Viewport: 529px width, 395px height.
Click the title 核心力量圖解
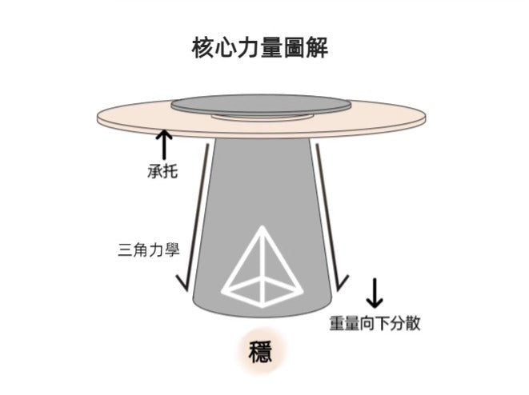tap(260, 49)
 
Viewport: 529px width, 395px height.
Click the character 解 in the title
tap(317, 49)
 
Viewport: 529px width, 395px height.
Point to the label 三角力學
tap(148, 250)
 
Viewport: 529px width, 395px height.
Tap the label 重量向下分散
tap(375, 323)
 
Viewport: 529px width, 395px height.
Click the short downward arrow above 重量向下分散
tap(374, 293)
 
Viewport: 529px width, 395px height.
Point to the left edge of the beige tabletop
tap(99, 120)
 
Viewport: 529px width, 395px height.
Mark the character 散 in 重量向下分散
tap(411, 323)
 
